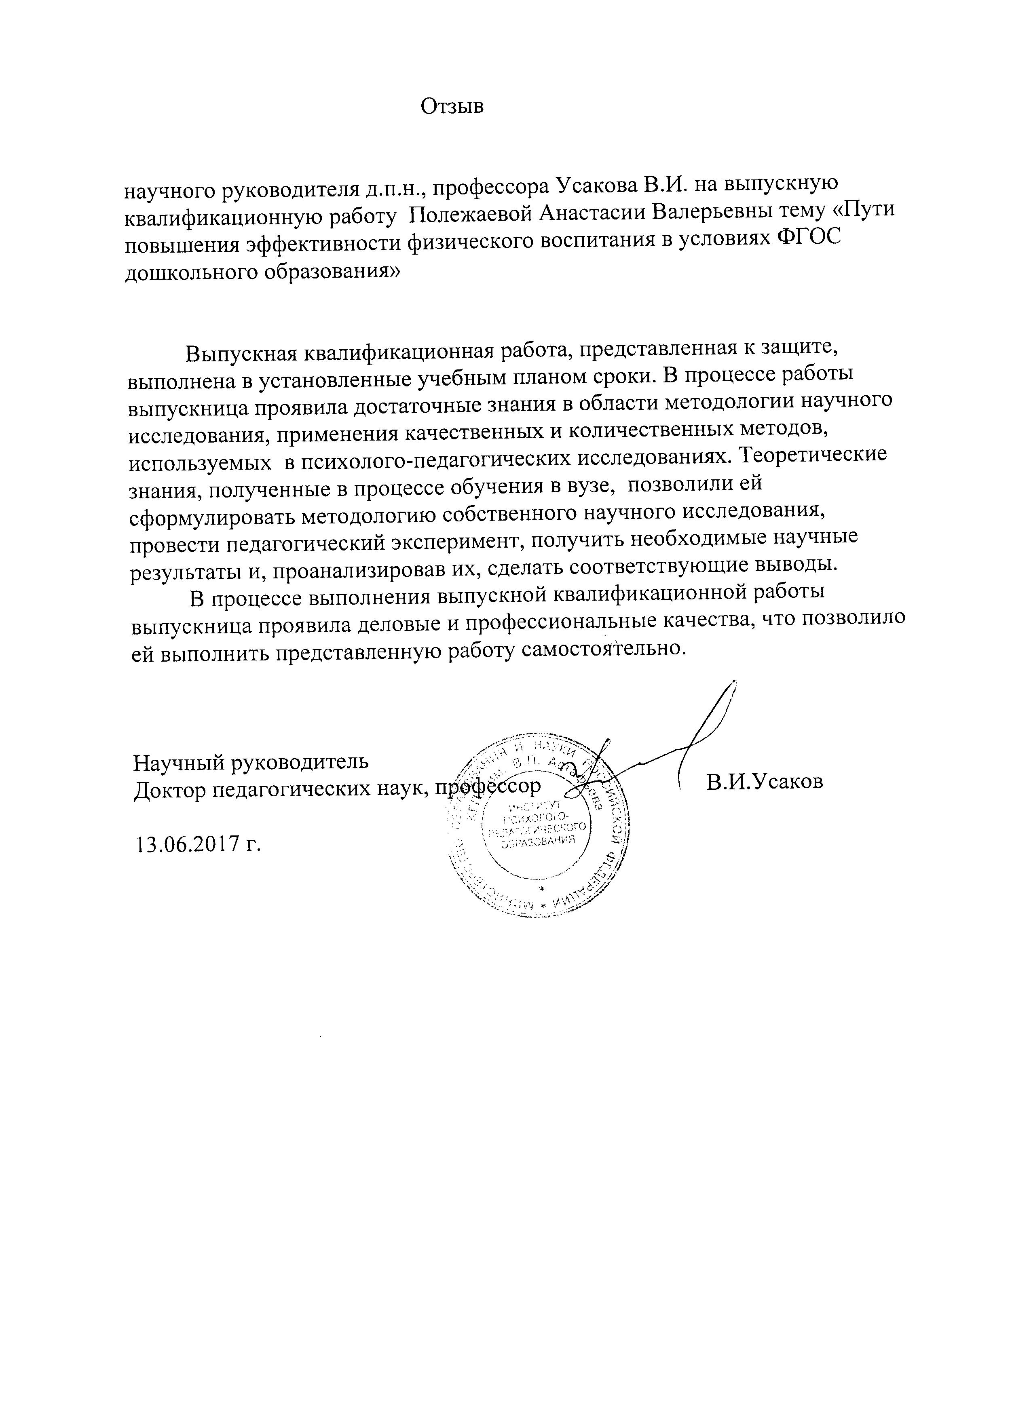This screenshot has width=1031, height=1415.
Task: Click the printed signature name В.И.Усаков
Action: [x=765, y=782]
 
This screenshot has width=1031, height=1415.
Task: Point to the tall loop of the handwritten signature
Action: [x=718, y=717]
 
